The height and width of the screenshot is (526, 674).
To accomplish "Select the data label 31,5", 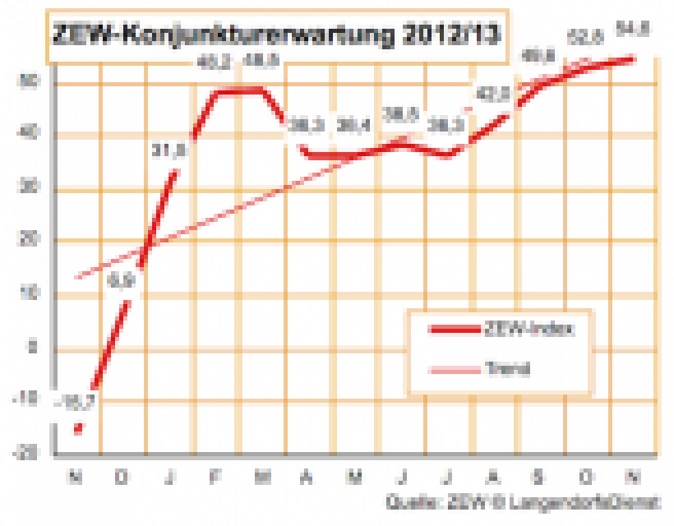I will pos(168,150).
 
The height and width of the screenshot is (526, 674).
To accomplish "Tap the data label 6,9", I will pos(120,282).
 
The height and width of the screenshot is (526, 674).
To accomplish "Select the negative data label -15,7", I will pos(75,403).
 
